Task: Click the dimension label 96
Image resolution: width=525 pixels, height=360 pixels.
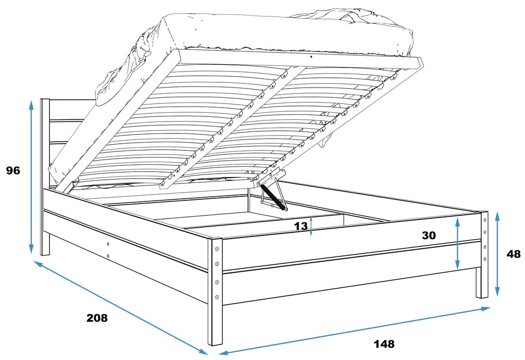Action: click(13, 170)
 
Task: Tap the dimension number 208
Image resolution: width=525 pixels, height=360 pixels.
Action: click(97, 318)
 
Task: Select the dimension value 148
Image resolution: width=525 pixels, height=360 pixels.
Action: click(384, 344)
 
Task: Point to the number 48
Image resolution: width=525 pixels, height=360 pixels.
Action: click(514, 254)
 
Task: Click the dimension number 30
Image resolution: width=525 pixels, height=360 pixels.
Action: click(429, 235)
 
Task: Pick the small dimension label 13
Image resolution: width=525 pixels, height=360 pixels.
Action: click(301, 227)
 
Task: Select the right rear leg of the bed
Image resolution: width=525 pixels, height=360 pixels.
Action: click(482, 254)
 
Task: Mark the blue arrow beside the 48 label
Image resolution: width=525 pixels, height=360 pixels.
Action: click(497, 254)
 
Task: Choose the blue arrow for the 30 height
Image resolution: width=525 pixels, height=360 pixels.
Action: click(458, 244)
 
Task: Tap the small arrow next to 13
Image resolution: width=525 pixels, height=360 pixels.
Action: click(311, 226)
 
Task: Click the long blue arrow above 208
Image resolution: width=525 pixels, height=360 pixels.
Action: click(120, 308)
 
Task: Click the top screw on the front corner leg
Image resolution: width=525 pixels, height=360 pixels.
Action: click(217, 249)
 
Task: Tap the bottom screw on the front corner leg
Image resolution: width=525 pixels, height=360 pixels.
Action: click(217, 297)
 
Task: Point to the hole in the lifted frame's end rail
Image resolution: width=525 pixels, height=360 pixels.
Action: click(312, 57)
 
